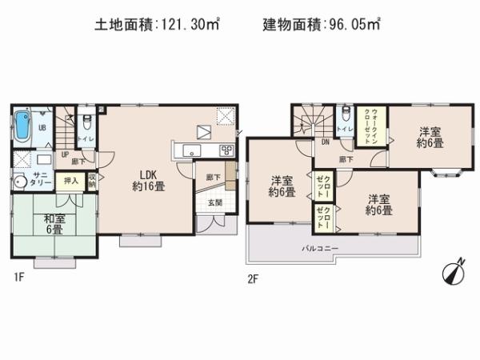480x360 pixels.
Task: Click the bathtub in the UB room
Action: pyautogui.click(x=22, y=126)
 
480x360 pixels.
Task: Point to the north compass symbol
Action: pyautogui.click(x=452, y=273)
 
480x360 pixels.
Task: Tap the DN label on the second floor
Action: pyautogui.click(x=326, y=142)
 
